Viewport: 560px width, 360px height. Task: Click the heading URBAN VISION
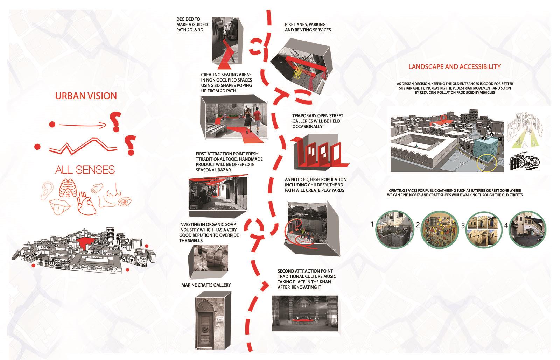pos(86,96)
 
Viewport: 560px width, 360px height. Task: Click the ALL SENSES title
pos(85,170)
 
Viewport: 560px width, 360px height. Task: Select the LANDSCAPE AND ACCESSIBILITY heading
pos(455,67)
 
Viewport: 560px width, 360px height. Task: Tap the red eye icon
pos(125,202)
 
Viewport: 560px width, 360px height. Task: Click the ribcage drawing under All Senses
pos(68,188)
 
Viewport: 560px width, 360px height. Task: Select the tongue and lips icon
pos(60,207)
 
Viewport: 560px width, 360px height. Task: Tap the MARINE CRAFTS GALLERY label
pos(206,285)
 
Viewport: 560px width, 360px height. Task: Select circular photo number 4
pos(527,230)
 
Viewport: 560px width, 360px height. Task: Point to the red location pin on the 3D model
pos(444,119)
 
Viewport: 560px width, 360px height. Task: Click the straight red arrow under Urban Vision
pos(83,125)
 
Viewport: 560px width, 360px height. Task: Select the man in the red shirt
pos(257,121)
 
